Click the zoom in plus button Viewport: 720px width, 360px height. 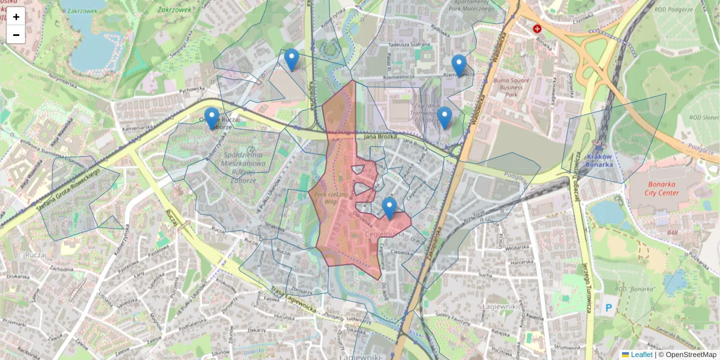point(16,17)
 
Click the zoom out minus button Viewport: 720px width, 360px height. point(16,35)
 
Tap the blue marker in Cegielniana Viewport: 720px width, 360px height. point(389,208)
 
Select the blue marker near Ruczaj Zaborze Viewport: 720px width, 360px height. point(211,118)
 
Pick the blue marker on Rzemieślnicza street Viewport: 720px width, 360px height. point(459,65)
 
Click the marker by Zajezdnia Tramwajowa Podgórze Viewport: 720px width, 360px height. point(445,118)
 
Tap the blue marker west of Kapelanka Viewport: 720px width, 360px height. point(292,59)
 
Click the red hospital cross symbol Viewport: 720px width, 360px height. point(537,28)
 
